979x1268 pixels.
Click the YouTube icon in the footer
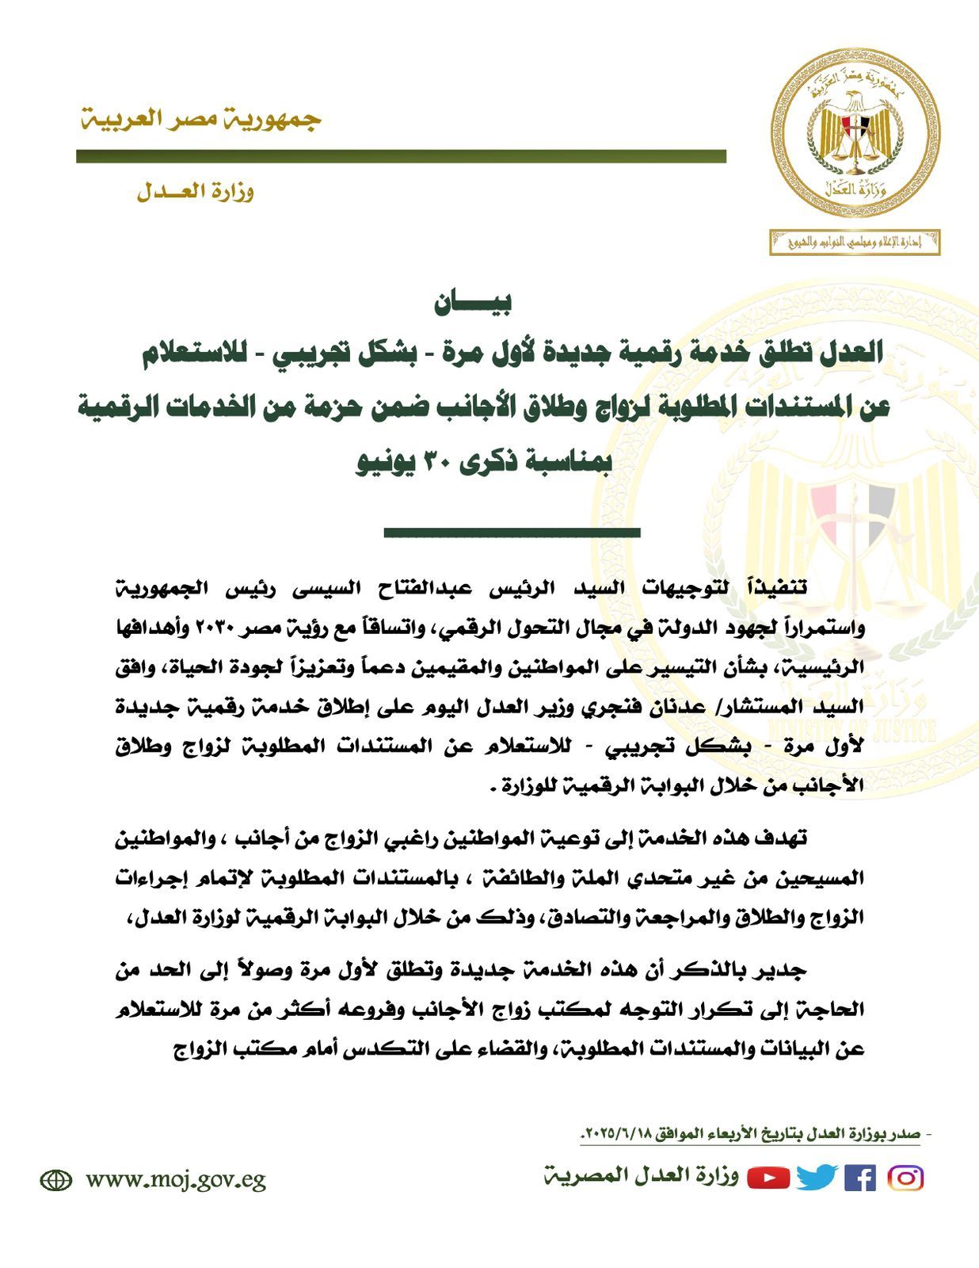click(768, 1178)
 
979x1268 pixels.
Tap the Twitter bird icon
click(816, 1178)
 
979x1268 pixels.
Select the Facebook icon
click(860, 1178)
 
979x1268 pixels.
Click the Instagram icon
click(905, 1178)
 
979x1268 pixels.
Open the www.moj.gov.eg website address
click(176, 1180)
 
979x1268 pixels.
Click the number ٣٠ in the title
click(440, 462)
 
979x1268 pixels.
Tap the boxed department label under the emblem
click(855, 242)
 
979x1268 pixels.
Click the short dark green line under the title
click(512, 533)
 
